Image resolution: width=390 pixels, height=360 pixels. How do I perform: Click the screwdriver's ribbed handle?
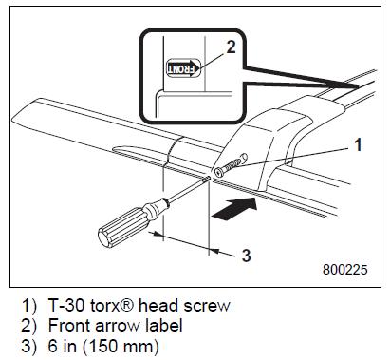123,226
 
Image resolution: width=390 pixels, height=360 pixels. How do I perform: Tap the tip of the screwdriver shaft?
210,178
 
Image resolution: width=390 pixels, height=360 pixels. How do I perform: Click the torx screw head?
219,172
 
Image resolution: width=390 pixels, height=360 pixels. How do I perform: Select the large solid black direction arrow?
234,208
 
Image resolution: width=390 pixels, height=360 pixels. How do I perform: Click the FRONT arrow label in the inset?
183,67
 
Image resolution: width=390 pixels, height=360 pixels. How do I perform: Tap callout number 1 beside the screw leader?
358,145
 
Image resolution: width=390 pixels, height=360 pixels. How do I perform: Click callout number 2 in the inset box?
231,47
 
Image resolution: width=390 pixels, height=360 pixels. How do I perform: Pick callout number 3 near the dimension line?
246,256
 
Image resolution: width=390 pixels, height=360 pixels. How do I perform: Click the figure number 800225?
345,270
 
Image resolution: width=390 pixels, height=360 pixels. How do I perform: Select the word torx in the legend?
108,306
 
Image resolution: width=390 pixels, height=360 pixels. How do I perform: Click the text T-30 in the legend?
66,306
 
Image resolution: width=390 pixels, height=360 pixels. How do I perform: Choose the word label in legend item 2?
164,326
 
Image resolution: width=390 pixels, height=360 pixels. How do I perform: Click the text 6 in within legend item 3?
63,346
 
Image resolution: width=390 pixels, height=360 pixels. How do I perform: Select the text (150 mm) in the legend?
121,346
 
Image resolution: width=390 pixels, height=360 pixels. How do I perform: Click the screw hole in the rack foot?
244,158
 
